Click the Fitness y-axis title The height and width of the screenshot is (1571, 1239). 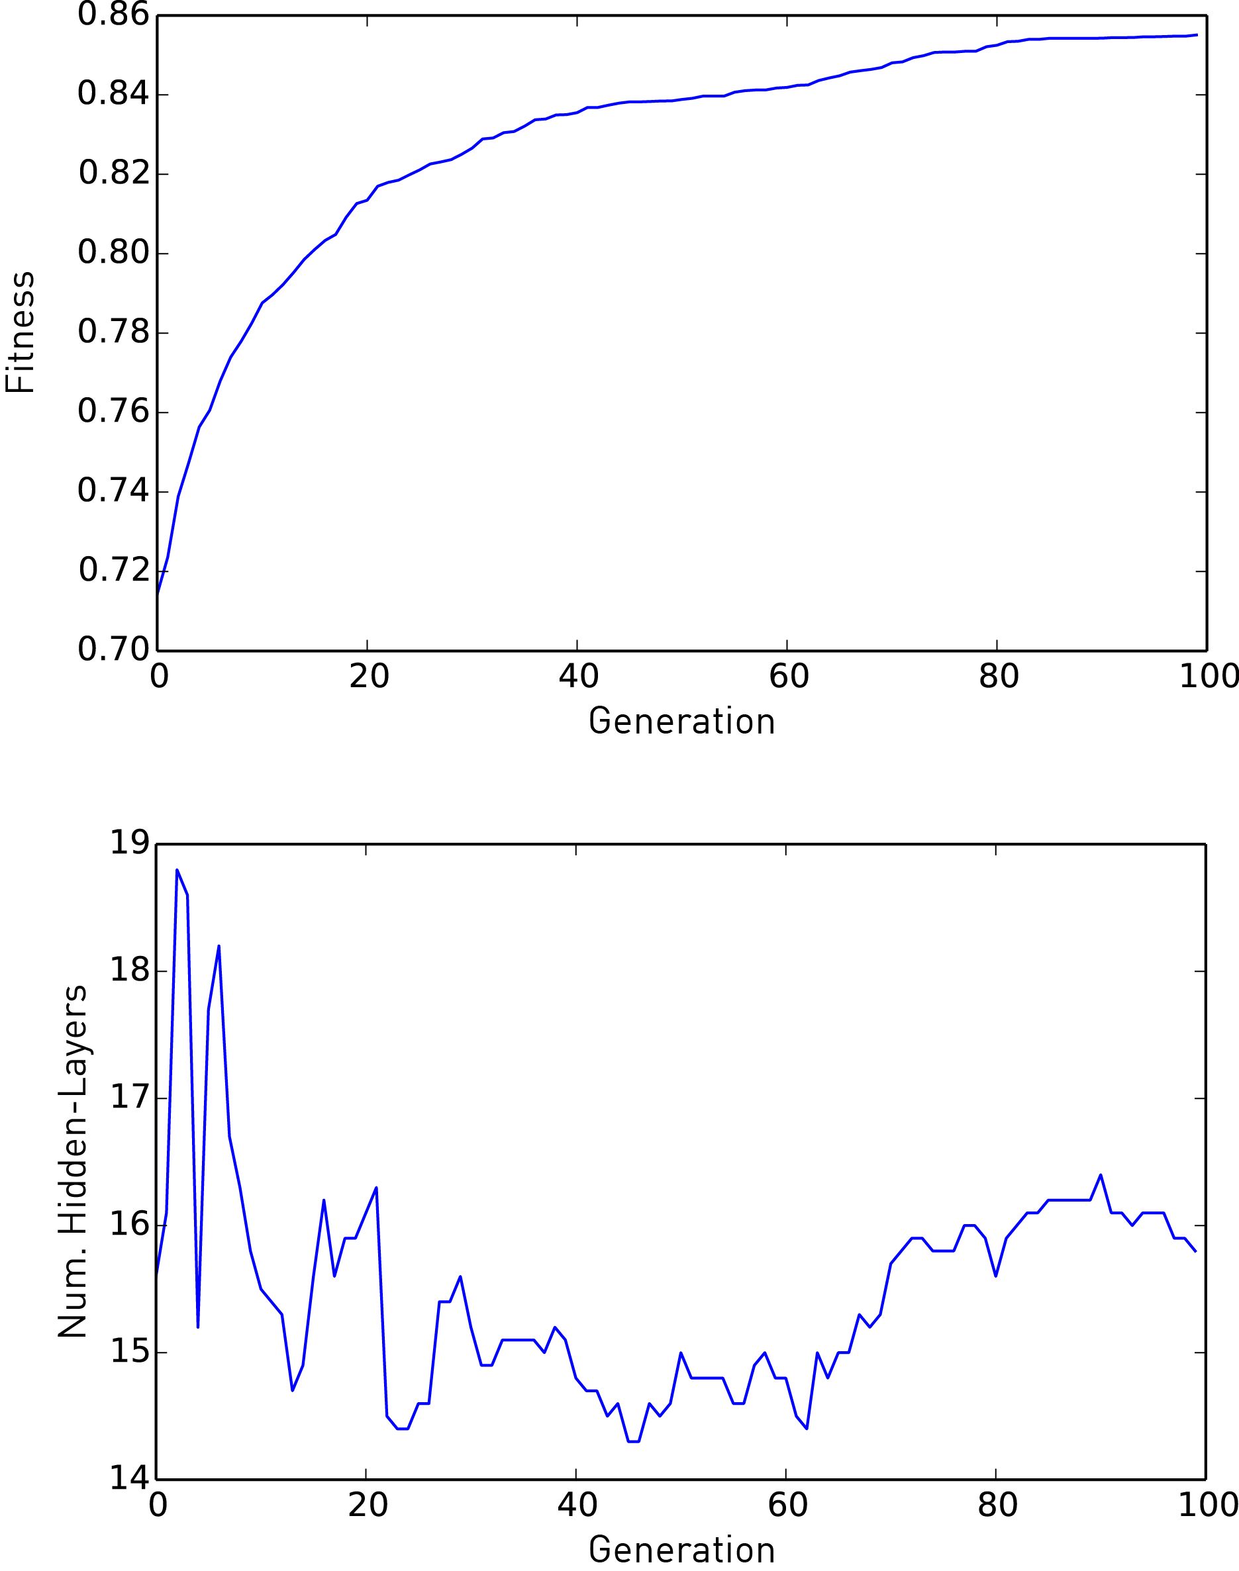21,332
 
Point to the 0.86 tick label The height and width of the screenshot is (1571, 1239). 113,15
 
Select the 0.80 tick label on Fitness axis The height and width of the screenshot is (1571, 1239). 113,253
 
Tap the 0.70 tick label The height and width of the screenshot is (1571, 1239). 113,650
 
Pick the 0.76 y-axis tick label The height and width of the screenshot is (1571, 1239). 113,412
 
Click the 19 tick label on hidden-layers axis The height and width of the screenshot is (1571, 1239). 129,843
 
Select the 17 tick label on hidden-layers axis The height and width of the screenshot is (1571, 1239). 129,1098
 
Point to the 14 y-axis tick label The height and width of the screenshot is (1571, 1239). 129,1480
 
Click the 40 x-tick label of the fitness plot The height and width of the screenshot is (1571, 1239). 578,677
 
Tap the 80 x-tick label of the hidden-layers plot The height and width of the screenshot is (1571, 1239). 997,1506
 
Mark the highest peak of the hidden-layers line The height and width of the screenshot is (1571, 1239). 177,870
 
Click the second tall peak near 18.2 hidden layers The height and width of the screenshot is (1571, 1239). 219,946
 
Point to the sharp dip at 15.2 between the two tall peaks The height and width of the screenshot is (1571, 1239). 198,1327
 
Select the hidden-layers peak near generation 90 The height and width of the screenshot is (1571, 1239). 1101,1175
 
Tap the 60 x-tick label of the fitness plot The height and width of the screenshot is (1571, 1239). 789,677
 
